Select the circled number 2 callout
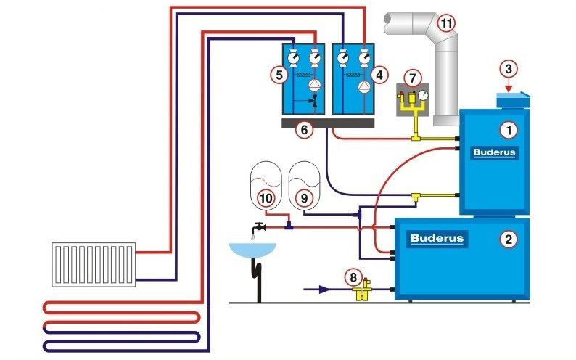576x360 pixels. tap(509, 238)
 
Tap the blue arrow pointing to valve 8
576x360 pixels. tap(320, 289)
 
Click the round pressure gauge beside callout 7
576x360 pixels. tap(422, 94)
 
